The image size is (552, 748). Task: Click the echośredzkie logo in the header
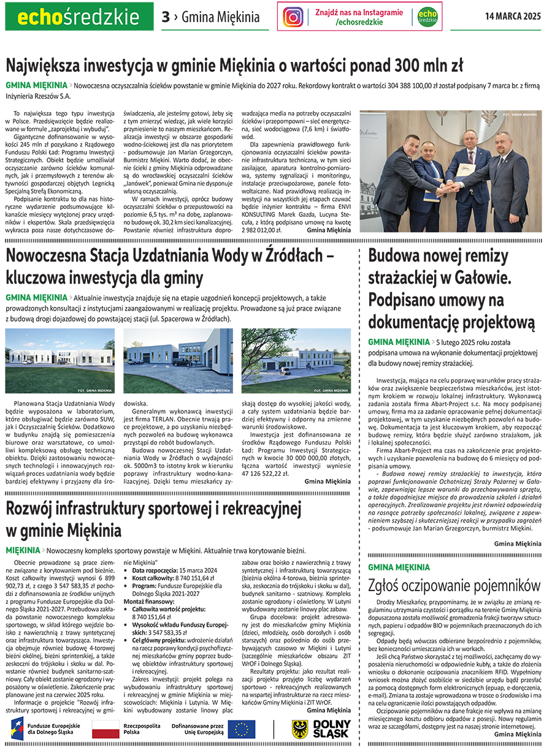pos(79,16)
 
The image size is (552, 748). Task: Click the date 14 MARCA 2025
pos(513,17)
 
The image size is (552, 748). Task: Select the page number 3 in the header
pos(166,17)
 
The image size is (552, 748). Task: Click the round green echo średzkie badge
pos(427,17)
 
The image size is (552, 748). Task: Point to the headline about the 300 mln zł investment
pos(234,65)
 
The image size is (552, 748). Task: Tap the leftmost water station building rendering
pos(59,361)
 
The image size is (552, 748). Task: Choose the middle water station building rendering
pos(177,361)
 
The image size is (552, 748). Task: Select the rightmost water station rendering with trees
pos(296,361)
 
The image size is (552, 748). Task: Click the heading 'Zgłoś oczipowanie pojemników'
pos(454,585)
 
